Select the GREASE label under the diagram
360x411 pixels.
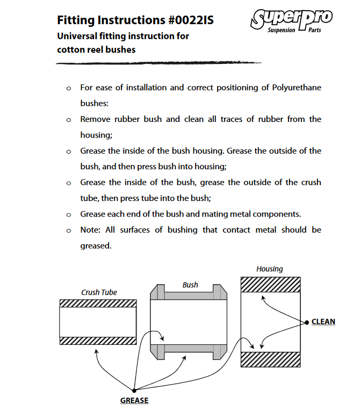point(134,400)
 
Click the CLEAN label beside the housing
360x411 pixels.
point(323,322)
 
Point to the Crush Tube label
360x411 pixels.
point(99,292)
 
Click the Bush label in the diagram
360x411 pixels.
point(190,285)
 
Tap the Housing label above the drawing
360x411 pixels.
point(269,269)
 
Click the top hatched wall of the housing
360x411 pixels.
point(270,284)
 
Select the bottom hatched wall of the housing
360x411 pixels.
point(270,359)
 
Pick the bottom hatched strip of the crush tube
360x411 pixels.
point(97,340)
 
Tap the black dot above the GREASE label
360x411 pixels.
point(134,390)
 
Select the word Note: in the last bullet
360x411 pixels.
point(91,230)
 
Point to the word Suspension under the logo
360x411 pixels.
point(281,30)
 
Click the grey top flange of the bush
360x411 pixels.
point(190,295)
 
